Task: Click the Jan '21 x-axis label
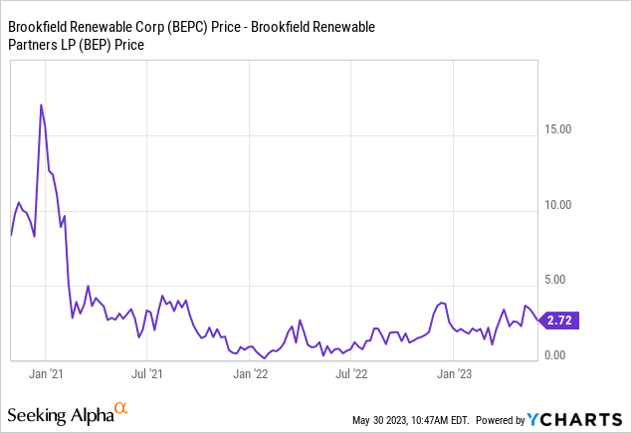point(46,375)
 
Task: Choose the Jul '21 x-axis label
point(149,375)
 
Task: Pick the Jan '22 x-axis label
point(250,375)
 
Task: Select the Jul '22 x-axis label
point(352,375)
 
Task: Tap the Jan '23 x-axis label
point(455,375)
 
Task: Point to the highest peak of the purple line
point(41,105)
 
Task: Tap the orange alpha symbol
point(120,408)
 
